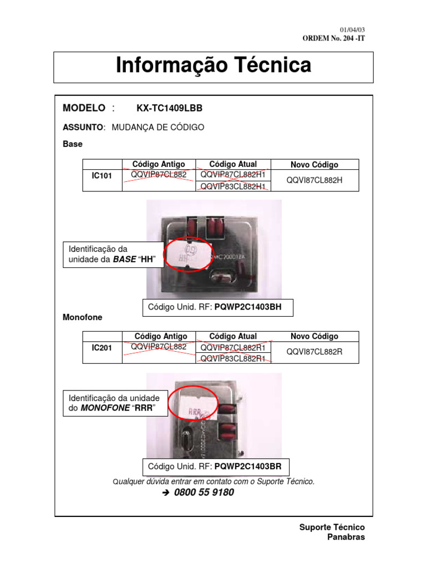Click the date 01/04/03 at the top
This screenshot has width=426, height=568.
[x=352, y=29]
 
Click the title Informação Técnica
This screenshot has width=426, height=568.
[x=214, y=65]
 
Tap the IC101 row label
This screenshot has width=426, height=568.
[x=102, y=176]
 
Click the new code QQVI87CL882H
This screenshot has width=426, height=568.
[x=315, y=180]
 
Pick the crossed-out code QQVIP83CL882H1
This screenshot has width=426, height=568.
[x=233, y=186]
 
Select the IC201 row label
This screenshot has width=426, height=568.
[x=102, y=348]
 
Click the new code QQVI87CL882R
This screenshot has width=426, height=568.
[x=315, y=352]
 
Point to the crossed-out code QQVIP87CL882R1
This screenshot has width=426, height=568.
[x=233, y=348]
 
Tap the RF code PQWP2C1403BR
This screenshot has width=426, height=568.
[x=250, y=466]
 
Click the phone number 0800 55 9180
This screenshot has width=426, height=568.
[x=204, y=493]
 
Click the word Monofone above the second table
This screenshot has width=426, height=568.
[x=83, y=317]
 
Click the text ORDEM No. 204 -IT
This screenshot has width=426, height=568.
[x=333, y=38]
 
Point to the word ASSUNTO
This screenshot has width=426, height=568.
[x=83, y=127]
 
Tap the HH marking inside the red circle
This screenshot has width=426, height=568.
[x=182, y=258]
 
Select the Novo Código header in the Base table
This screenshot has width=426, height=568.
[x=315, y=165]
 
